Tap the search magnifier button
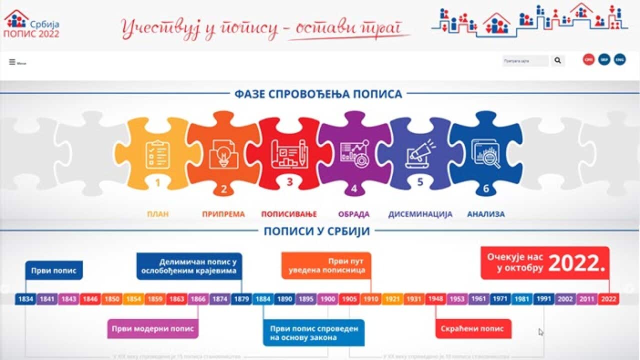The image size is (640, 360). click(557, 61)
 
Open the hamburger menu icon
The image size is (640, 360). click(12, 62)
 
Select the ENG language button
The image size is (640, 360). click(619, 59)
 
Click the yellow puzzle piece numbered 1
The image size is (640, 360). click(157, 155)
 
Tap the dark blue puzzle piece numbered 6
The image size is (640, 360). click(485, 155)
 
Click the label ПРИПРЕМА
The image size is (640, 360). click(223, 214)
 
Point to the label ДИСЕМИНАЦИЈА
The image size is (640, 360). click(420, 214)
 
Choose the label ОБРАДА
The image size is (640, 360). click(353, 214)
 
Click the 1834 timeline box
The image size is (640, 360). click(25, 299)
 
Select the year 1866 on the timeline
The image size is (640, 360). click(198, 299)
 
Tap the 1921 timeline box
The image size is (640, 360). click(392, 299)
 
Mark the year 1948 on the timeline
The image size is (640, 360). click(435, 299)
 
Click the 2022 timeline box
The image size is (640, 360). click(608, 299)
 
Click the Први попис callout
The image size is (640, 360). click(54, 270)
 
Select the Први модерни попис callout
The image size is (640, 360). click(153, 329)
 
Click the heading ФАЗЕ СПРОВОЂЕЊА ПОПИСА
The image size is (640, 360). click(318, 94)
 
